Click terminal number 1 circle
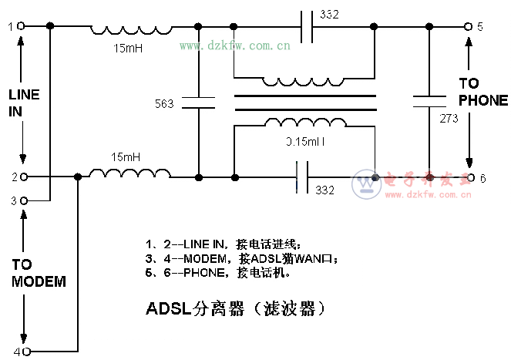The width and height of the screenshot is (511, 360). (x=22, y=26)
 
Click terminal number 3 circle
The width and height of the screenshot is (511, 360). (x=23, y=200)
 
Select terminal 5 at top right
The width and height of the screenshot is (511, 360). (x=467, y=26)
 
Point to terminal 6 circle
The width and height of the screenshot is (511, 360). (x=469, y=178)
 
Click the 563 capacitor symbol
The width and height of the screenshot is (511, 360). (x=199, y=103)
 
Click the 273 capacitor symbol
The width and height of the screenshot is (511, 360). (x=428, y=101)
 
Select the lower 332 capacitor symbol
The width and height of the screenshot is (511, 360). (x=303, y=177)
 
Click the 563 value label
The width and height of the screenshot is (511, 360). (x=165, y=103)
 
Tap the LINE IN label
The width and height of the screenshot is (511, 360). (x=24, y=102)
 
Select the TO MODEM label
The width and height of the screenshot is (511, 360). (x=38, y=273)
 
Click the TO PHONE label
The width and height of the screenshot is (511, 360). (x=483, y=92)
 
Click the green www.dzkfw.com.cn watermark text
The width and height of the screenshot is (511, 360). (x=235, y=46)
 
